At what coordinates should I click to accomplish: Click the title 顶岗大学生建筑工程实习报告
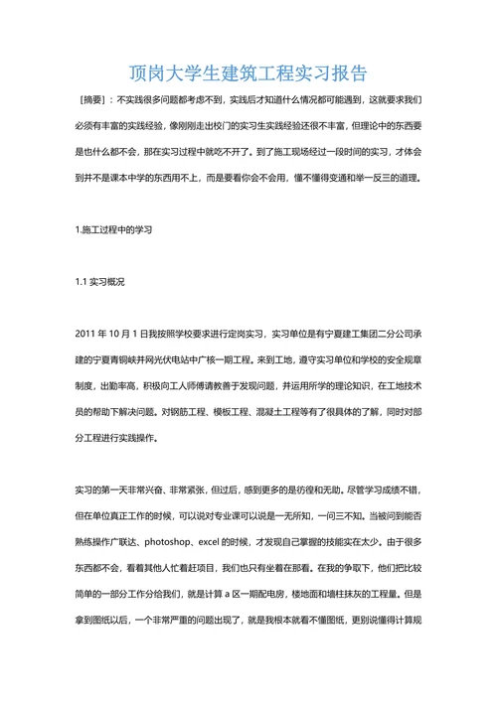click(x=248, y=72)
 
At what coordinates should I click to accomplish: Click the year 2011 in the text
click(x=86, y=333)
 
